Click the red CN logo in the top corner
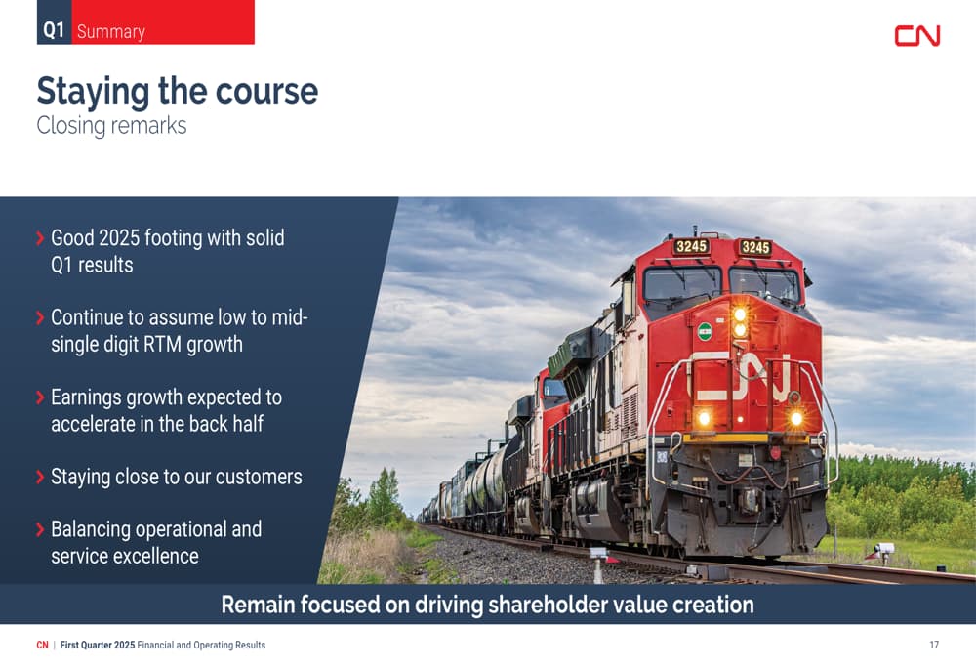(916, 35)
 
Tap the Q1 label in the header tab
(54, 30)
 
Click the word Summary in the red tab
(111, 32)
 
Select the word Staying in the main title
(93, 92)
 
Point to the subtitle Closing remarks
(111, 125)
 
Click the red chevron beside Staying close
(40, 478)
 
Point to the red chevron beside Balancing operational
(40, 529)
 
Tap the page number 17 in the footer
(934, 645)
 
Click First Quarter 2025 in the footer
(97, 645)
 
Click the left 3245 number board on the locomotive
(691, 246)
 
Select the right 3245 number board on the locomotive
(755, 247)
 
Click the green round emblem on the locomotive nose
(705, 331)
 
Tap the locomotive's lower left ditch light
(704, 418)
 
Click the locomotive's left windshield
(682, 283)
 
